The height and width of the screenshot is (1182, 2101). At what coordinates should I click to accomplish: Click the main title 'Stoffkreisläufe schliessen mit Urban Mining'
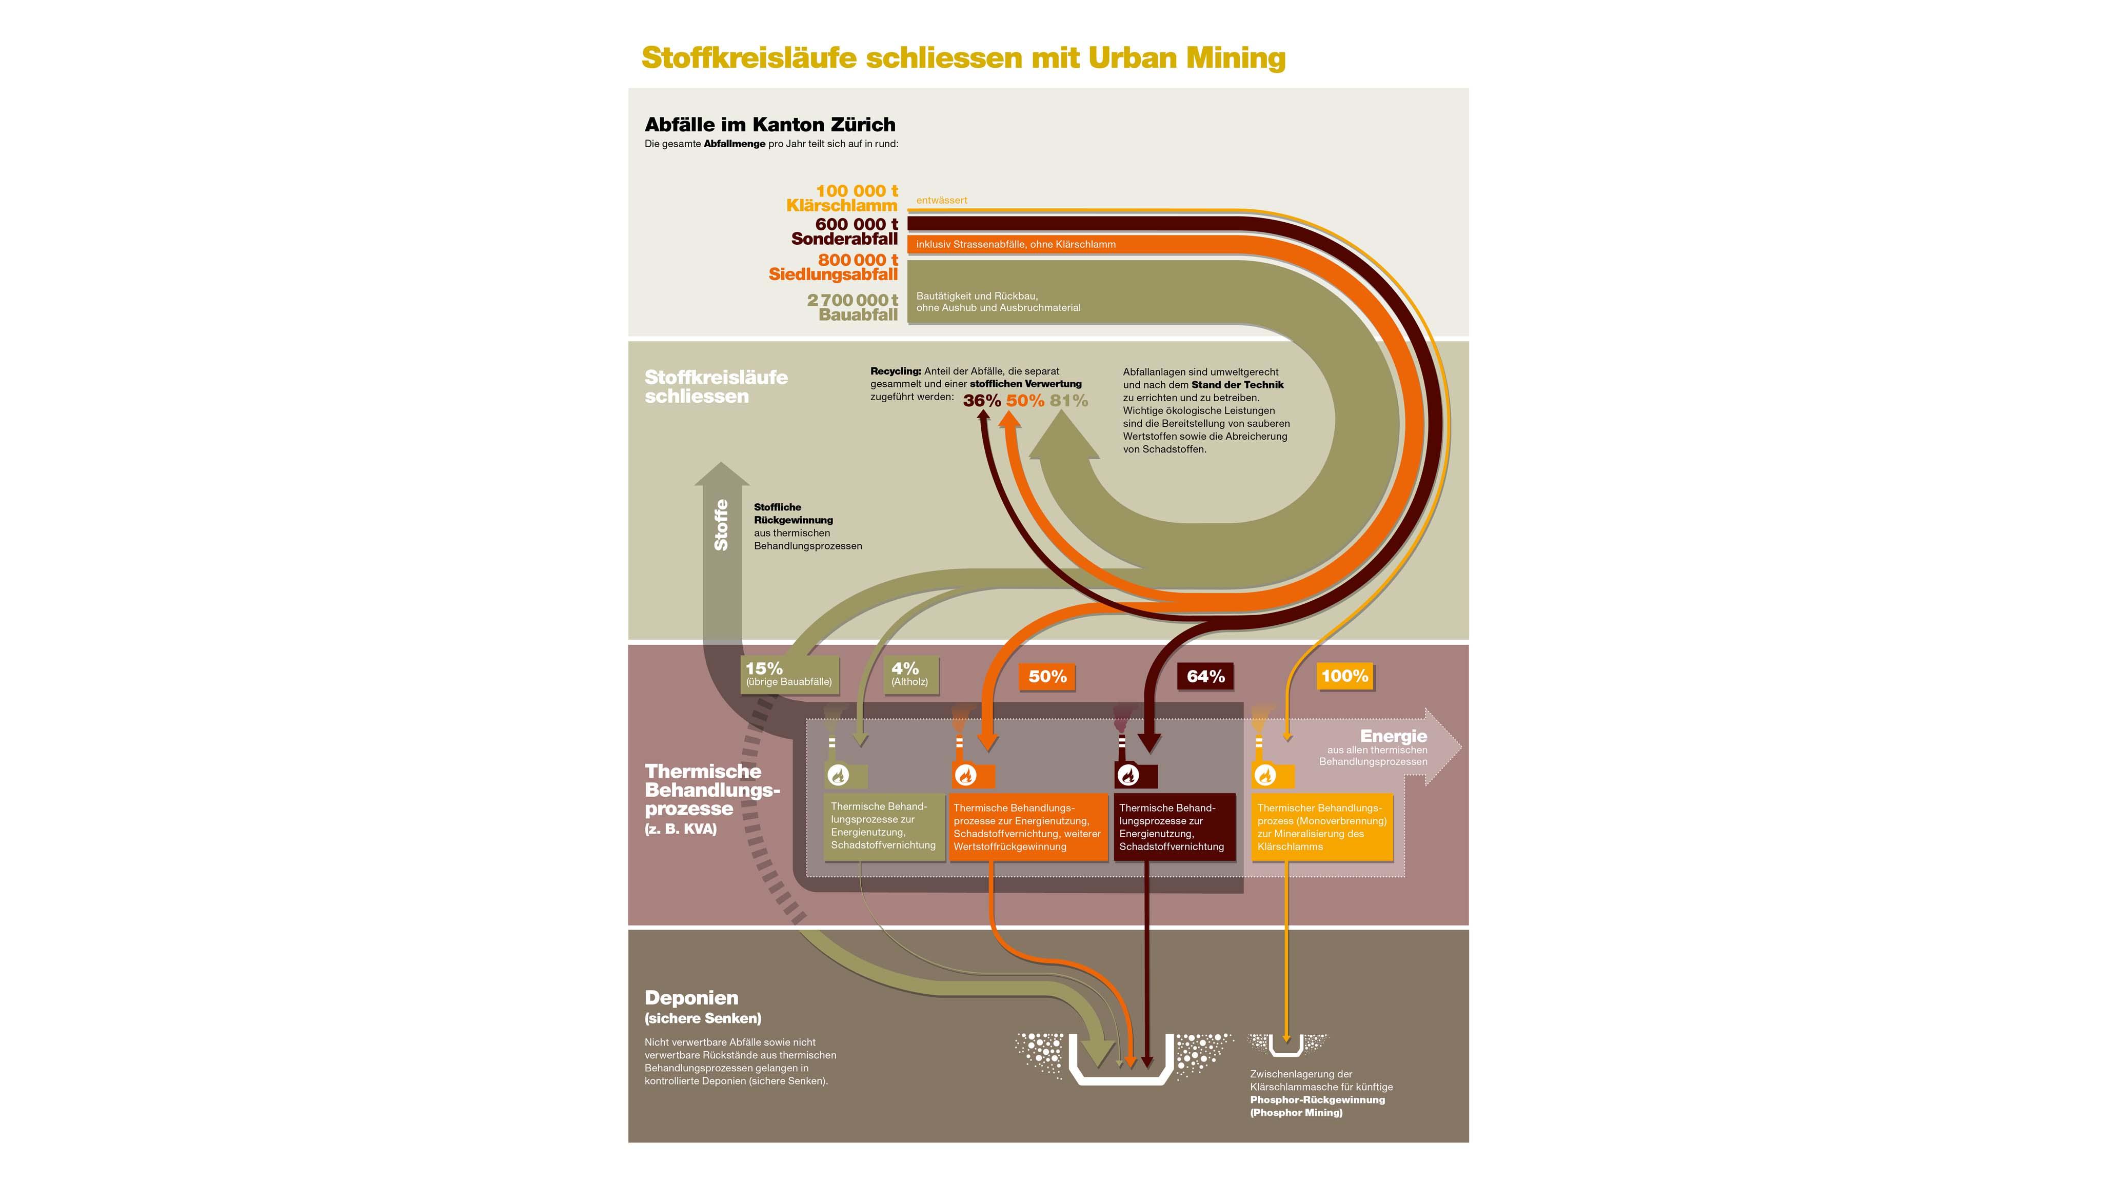(x=963, y=58)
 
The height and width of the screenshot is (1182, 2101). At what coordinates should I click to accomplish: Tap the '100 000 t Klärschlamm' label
(x=843, y=198)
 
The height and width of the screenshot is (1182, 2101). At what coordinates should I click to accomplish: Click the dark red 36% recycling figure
(x=981, y=401)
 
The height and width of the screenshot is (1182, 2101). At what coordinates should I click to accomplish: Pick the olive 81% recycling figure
(x=1068, y=401)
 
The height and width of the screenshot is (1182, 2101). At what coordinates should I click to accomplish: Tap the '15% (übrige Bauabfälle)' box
(x=789, y=674)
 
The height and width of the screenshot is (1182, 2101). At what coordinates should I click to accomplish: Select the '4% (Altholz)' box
(x=909, y=674)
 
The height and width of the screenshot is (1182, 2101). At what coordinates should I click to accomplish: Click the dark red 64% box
(x=1205, y=676)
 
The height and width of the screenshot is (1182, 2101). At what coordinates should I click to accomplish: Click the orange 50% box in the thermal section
(x=1047, y=676)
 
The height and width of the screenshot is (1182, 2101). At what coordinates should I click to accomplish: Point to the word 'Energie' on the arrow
(x=1393, y=736)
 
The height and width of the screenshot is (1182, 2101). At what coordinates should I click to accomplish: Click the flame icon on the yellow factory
(x=1264, y=775)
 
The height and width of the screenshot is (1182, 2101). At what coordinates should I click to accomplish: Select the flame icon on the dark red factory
(x=1128, y=775)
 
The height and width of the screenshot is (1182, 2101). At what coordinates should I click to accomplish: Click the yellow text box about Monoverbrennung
(x=1322, y=827)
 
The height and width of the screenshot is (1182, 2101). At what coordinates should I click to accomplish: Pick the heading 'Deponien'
(x=691, y=998)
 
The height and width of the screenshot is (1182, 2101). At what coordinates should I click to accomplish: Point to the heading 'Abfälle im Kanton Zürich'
(x=770, y=125)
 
